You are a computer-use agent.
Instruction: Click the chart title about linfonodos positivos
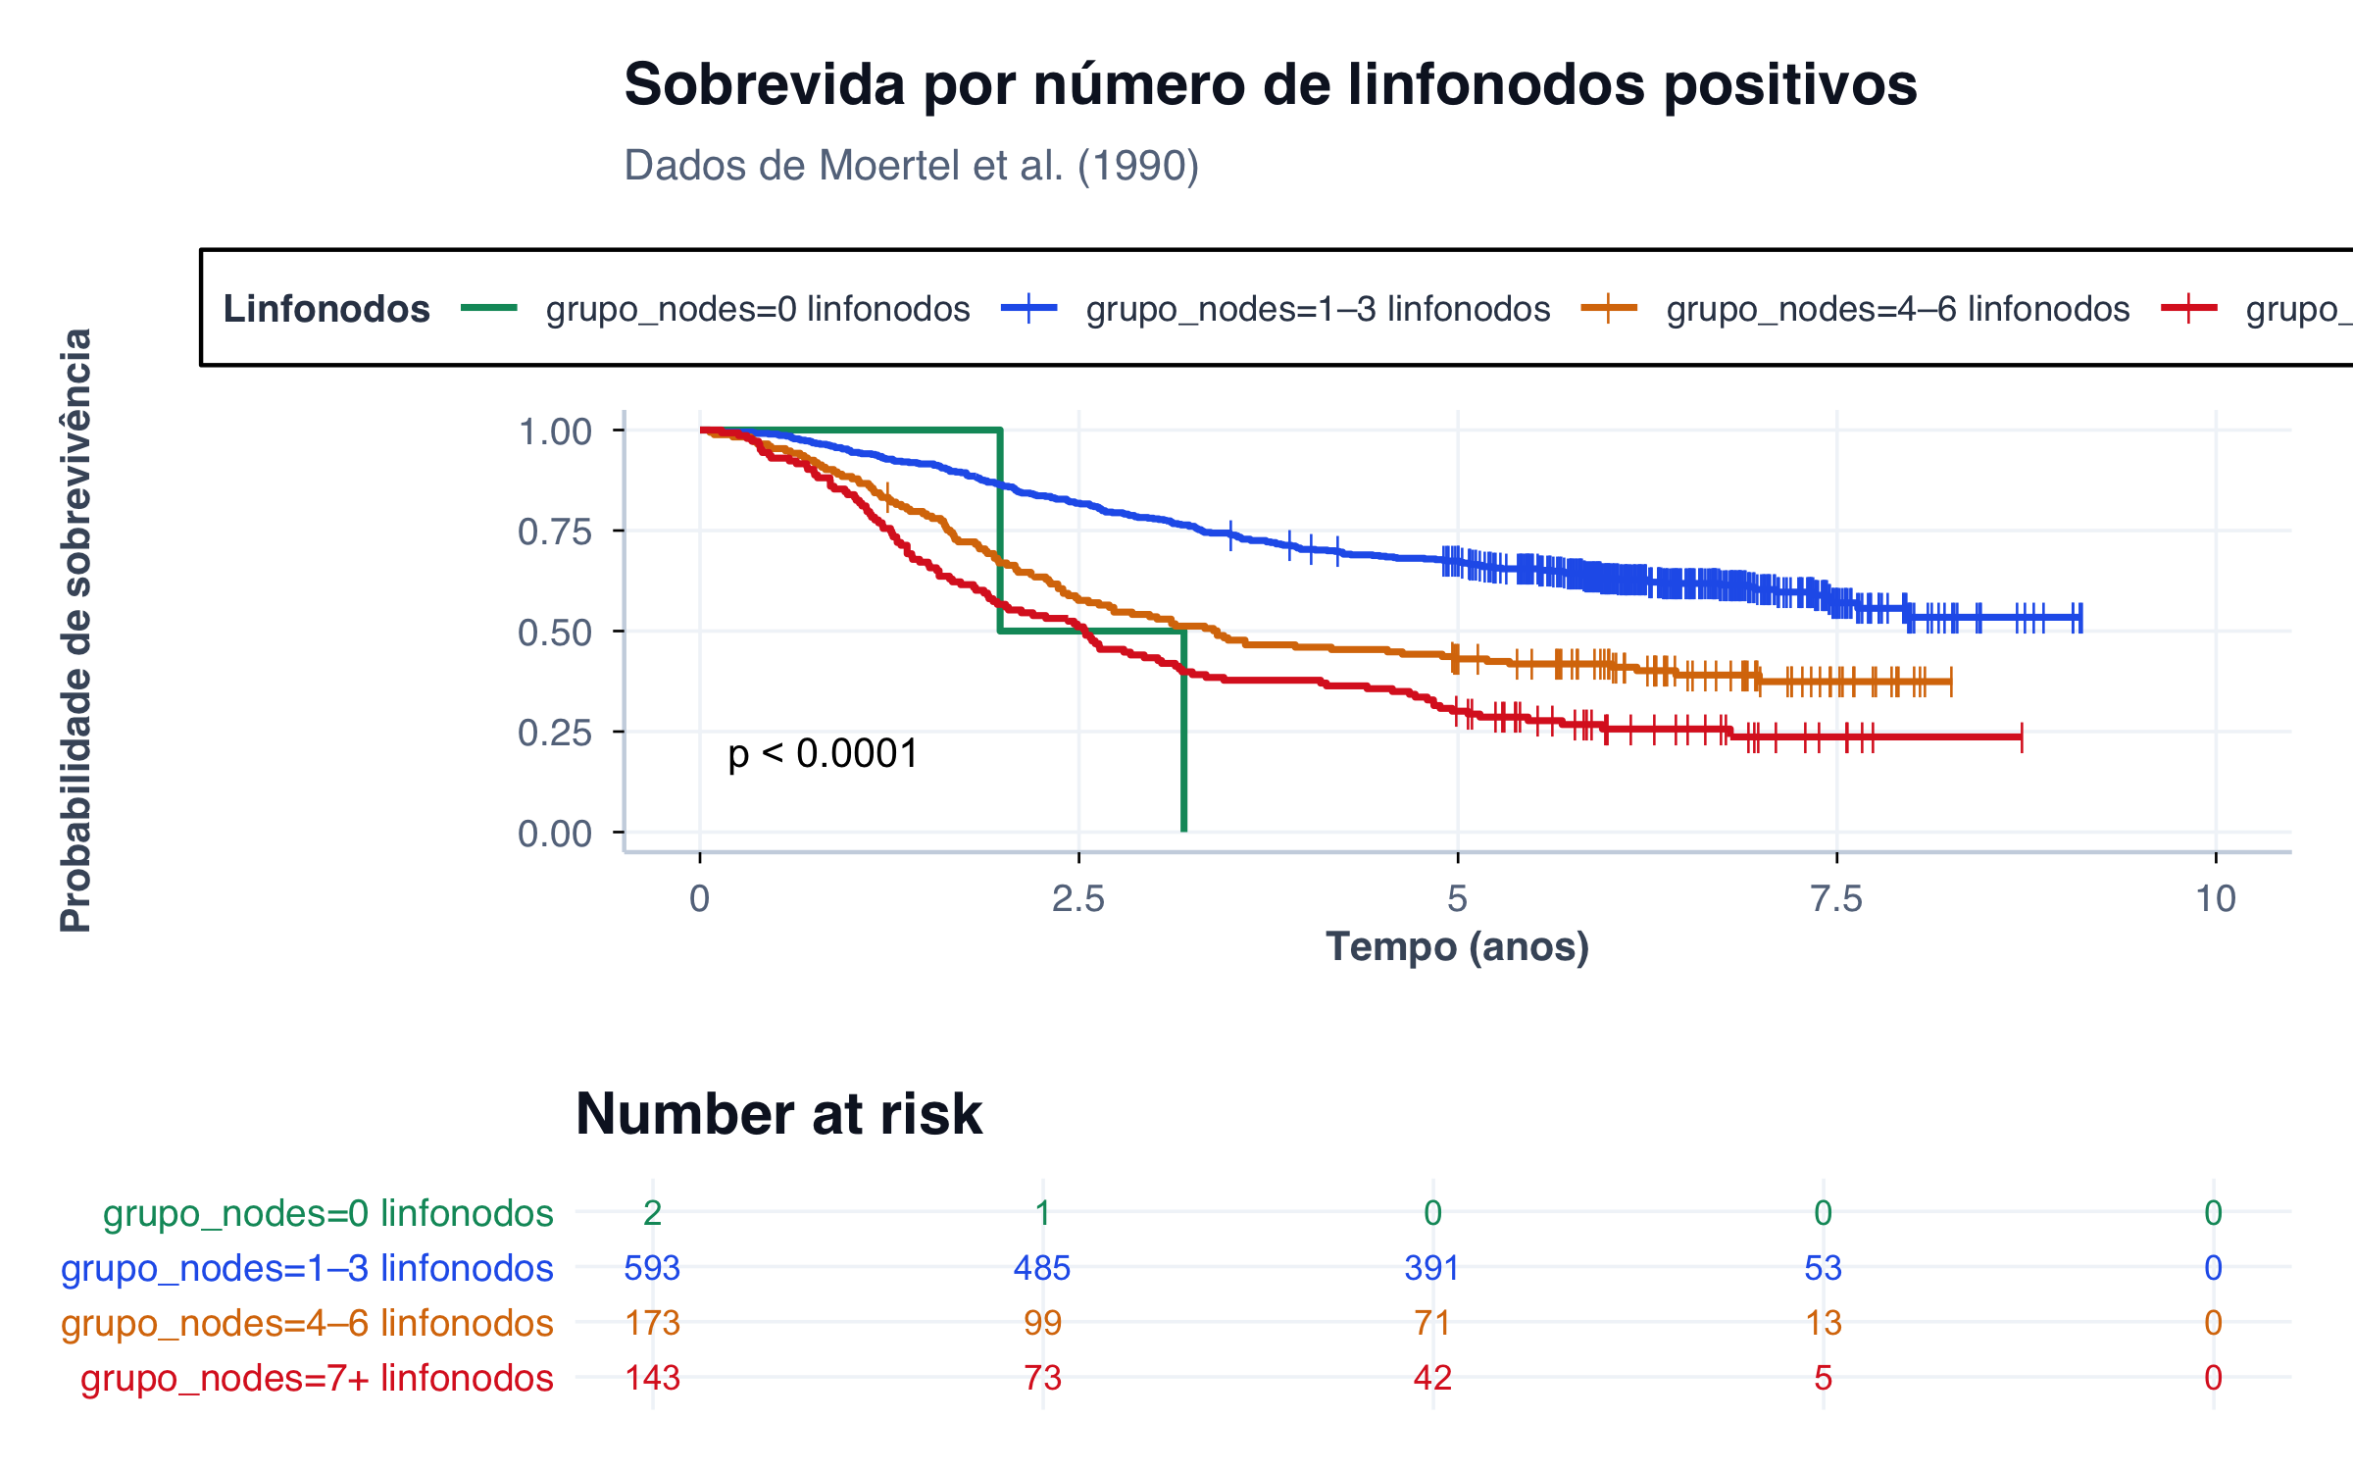pos(1271,84)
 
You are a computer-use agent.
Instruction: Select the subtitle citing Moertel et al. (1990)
pos(912,166)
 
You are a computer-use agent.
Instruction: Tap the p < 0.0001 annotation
pos(823,753)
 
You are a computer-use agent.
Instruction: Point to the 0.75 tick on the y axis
pos(555,532)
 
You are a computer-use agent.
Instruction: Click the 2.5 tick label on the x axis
pos(1078,898)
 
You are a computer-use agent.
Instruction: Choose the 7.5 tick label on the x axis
pos(1836,898)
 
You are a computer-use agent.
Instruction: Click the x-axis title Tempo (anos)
pos(1457,947)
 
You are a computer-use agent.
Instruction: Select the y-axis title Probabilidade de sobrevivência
pos(76,630)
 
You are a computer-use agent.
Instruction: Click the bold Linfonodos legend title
pos(326,309)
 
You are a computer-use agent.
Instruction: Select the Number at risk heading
pos(778,1114)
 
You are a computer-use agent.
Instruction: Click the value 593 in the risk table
pos(652,1268)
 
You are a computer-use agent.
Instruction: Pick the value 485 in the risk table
pos(1042,1268)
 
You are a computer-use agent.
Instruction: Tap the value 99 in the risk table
pos(1042,1323)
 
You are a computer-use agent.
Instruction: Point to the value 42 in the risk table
pos(1432,1378)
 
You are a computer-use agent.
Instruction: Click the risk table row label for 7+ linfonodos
pos(317,1378)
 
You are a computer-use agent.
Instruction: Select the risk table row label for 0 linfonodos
pos(328,1213)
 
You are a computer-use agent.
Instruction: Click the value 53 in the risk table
pos(1823,1268)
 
